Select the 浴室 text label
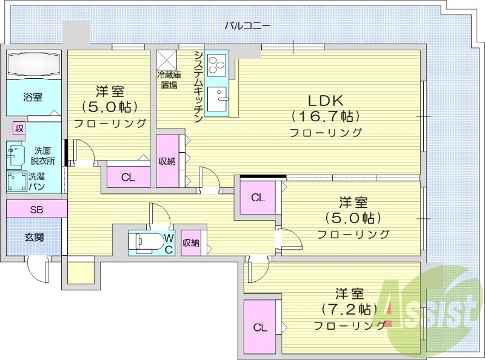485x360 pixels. click(x=33, y=97)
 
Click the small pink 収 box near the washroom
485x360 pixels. click(x=19, y=128)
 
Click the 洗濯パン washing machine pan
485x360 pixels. click(x=16, y=182)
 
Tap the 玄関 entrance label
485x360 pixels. click(x=34, y=237)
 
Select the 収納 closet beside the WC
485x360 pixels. click(x=191, y=243)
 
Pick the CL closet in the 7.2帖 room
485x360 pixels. click(x=260, y=328)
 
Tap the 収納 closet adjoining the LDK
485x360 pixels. click(x=167, y=161)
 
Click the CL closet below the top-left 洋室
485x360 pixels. click(x=128, y=178)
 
